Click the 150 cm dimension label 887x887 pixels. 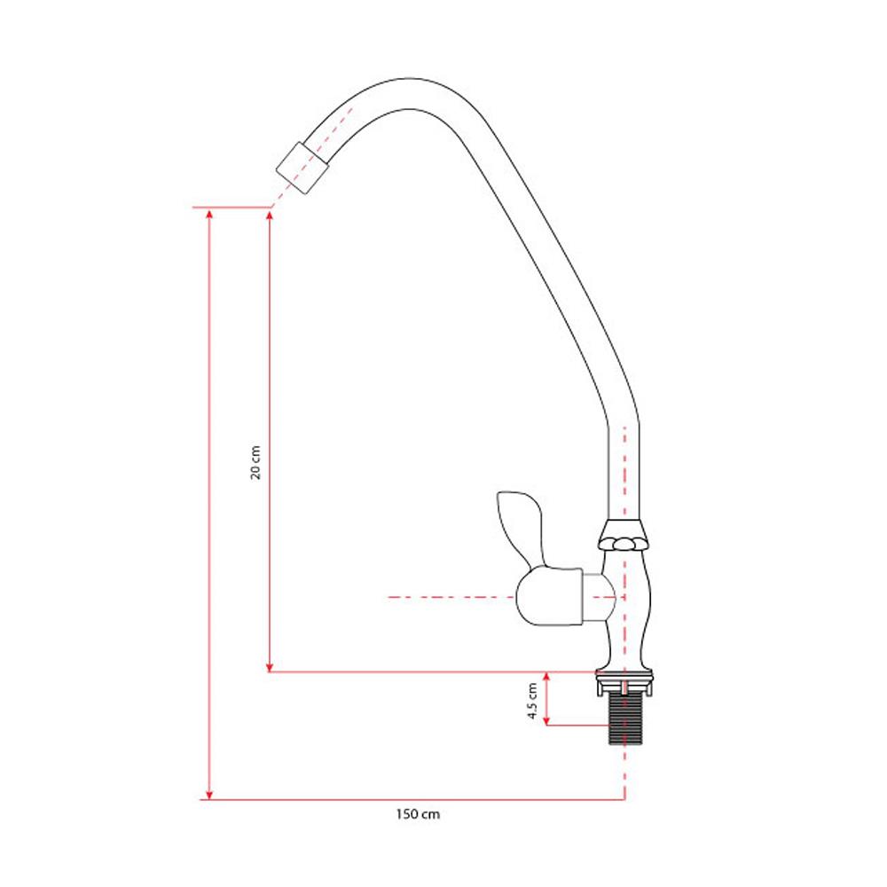coord(418,814)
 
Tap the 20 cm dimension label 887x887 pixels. coord(255,462)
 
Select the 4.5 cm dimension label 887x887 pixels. coord(532,701)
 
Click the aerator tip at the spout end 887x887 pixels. coord(302,168)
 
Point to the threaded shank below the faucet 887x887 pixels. coord(624,719)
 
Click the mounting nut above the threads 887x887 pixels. coord(624,683)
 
